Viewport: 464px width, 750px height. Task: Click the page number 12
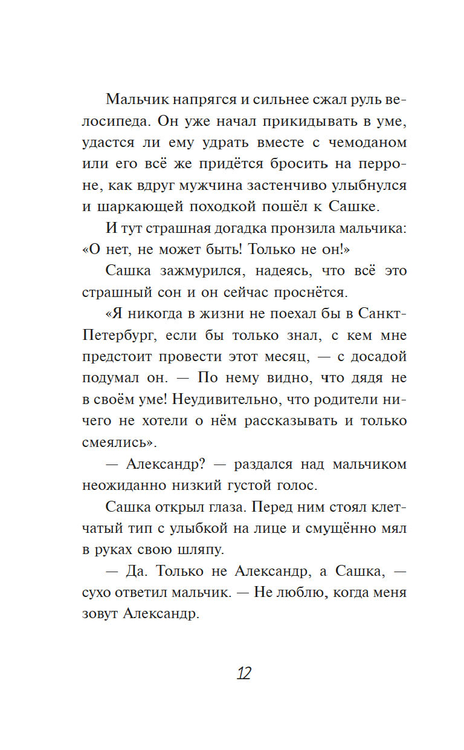click(243, 673)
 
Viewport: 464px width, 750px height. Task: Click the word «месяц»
click(290, 357)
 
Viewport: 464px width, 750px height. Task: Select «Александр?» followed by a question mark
click(161, 465)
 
